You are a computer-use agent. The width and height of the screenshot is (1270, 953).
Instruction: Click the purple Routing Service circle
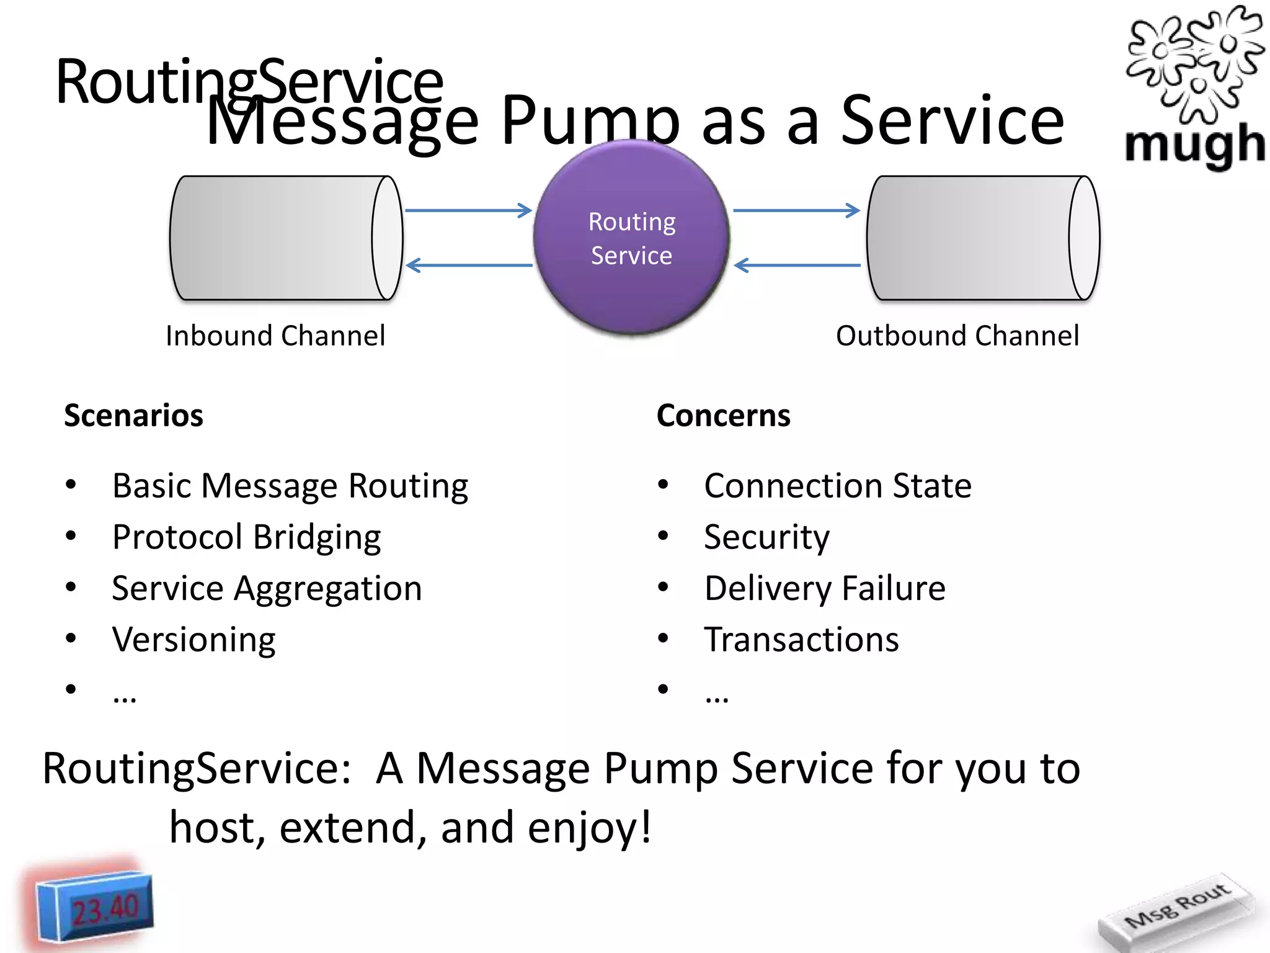coord(631,239)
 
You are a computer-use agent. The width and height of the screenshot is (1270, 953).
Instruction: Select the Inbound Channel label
coord(275,336)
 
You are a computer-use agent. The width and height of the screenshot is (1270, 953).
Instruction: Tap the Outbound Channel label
coord(957,336)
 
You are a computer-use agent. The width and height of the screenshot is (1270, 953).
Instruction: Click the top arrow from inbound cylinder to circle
coord(468,210)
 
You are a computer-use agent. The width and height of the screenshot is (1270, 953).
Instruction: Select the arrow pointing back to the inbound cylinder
coord(468,266)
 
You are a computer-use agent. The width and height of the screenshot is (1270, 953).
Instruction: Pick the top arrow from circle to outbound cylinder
coord(796,210)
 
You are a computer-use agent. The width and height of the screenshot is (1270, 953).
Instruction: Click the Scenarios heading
coord(133,415)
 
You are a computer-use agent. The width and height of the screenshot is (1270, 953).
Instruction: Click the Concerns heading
coord(723,415)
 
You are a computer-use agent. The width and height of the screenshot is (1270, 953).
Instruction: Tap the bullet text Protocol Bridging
coord(246,537)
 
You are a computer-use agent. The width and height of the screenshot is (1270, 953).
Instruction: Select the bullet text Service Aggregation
coord(267,588)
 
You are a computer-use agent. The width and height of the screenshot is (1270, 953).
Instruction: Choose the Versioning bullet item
coord(193,640)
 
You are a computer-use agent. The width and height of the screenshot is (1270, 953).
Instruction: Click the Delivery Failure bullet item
coord(825,588)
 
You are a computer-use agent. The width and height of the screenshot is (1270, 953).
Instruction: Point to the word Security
coord(766,537)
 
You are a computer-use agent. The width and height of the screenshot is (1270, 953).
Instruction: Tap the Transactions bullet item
coord(801,640)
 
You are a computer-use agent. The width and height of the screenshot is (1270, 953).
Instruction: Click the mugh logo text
coord(1194,144)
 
